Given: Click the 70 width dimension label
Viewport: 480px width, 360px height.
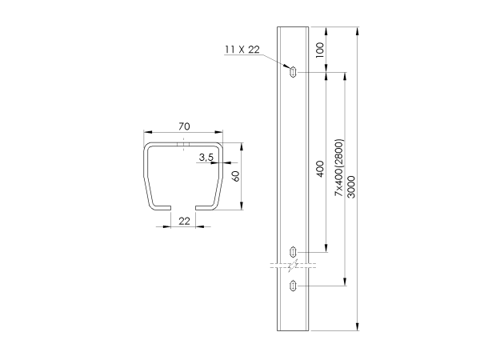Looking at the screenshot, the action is [184, 126].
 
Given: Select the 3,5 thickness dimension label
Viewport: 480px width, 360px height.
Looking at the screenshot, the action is [206, 158].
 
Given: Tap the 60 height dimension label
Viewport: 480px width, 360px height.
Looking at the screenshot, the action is [236, 176].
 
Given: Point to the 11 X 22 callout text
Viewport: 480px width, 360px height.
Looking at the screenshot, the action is [242, 50].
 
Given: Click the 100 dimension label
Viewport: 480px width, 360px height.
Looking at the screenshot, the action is [319, 50].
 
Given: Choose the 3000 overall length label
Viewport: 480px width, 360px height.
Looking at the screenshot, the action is [352, 187].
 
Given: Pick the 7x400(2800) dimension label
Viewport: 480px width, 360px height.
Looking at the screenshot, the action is [339, 168].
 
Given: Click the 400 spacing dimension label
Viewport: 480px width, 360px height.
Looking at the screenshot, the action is [320, 169].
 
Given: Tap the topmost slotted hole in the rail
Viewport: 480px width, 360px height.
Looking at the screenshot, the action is [293, 72].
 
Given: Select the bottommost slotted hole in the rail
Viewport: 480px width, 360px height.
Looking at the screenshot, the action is [293, 286].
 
